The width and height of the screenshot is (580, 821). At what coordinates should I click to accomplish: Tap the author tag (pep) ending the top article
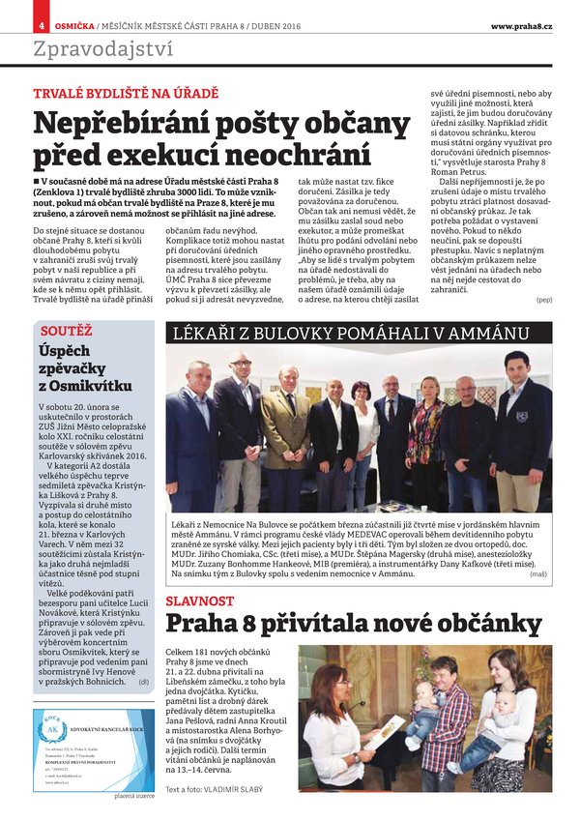(x=544, y=300)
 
